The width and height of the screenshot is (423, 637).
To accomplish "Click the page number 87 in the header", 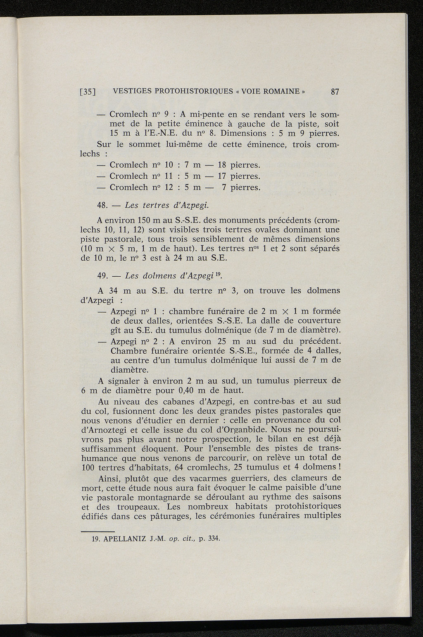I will [335, 92].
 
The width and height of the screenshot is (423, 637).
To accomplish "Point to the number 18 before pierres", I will [218, 165].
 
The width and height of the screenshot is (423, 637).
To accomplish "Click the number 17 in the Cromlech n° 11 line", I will [218, 176].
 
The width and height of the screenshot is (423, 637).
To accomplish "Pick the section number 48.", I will [102, 206].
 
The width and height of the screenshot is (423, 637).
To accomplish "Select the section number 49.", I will [102, 276].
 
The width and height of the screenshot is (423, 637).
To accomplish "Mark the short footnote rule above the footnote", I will [97, 531].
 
